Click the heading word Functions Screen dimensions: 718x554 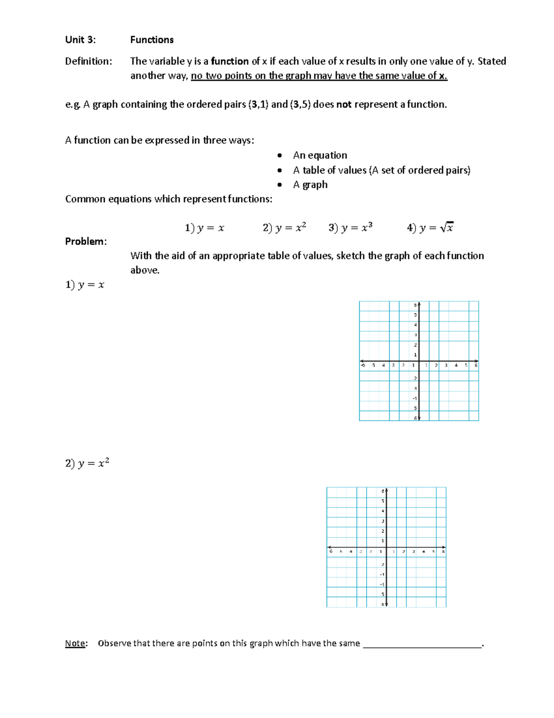pos(151,40)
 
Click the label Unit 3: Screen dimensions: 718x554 pos(80,40)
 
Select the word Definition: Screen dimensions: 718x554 pos(88,61)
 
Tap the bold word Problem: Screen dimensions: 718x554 pos(86,241)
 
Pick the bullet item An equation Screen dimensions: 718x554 pos(320,155)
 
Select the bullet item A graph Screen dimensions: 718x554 pos(310,184)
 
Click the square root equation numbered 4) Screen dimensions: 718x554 pos(430,227)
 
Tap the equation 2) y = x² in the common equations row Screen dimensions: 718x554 pos(284,227)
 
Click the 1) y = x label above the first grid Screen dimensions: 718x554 pos(84,285)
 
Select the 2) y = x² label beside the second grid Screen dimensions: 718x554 pos(87,463)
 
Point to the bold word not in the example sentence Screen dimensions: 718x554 pos(344,104)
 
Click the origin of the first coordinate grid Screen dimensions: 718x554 pos(419,361)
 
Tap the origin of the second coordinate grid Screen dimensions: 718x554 pos(386,547)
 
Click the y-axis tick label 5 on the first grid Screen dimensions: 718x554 pos(415,315)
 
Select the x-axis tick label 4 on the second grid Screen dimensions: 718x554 pos(423,552)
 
